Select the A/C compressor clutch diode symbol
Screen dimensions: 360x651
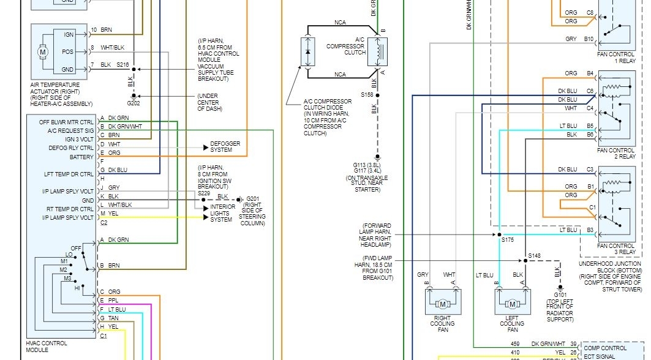pyautogui.click(x=307, y=51)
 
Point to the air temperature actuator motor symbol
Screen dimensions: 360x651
pyautogui.click(x=43, y=52)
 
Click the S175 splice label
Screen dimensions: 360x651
pyautogui.click(x=508, y=240)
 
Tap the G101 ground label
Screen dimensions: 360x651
pyautogui.click(x=559, y=294)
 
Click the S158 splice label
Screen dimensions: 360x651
pyautogui.click(x=367, y=94)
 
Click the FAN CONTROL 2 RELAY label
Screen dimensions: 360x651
pyautogui.click(x=615, y=153)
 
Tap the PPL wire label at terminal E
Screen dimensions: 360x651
pyautogui.click(x=114, y=301)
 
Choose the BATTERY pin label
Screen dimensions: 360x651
pyautogui.click(x=81, y=157)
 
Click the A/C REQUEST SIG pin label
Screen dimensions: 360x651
pyautogui.click(x=70, y=130)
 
